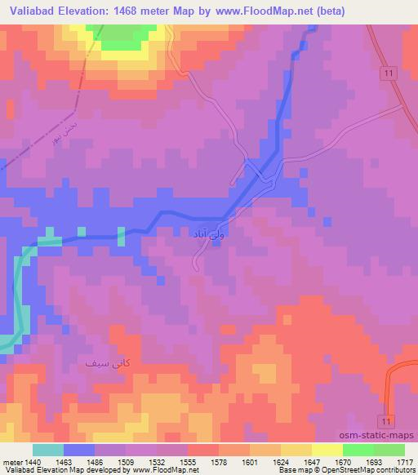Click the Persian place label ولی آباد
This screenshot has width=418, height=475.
pyautogui.click(x=206, y=234)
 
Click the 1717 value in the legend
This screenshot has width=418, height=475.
pyautogui.click(x=404, y=461)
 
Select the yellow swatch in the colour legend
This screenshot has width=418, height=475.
pyautogui.click(x=327, y=450)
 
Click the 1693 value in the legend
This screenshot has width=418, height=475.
pyautogui.click(x=375, y=461)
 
